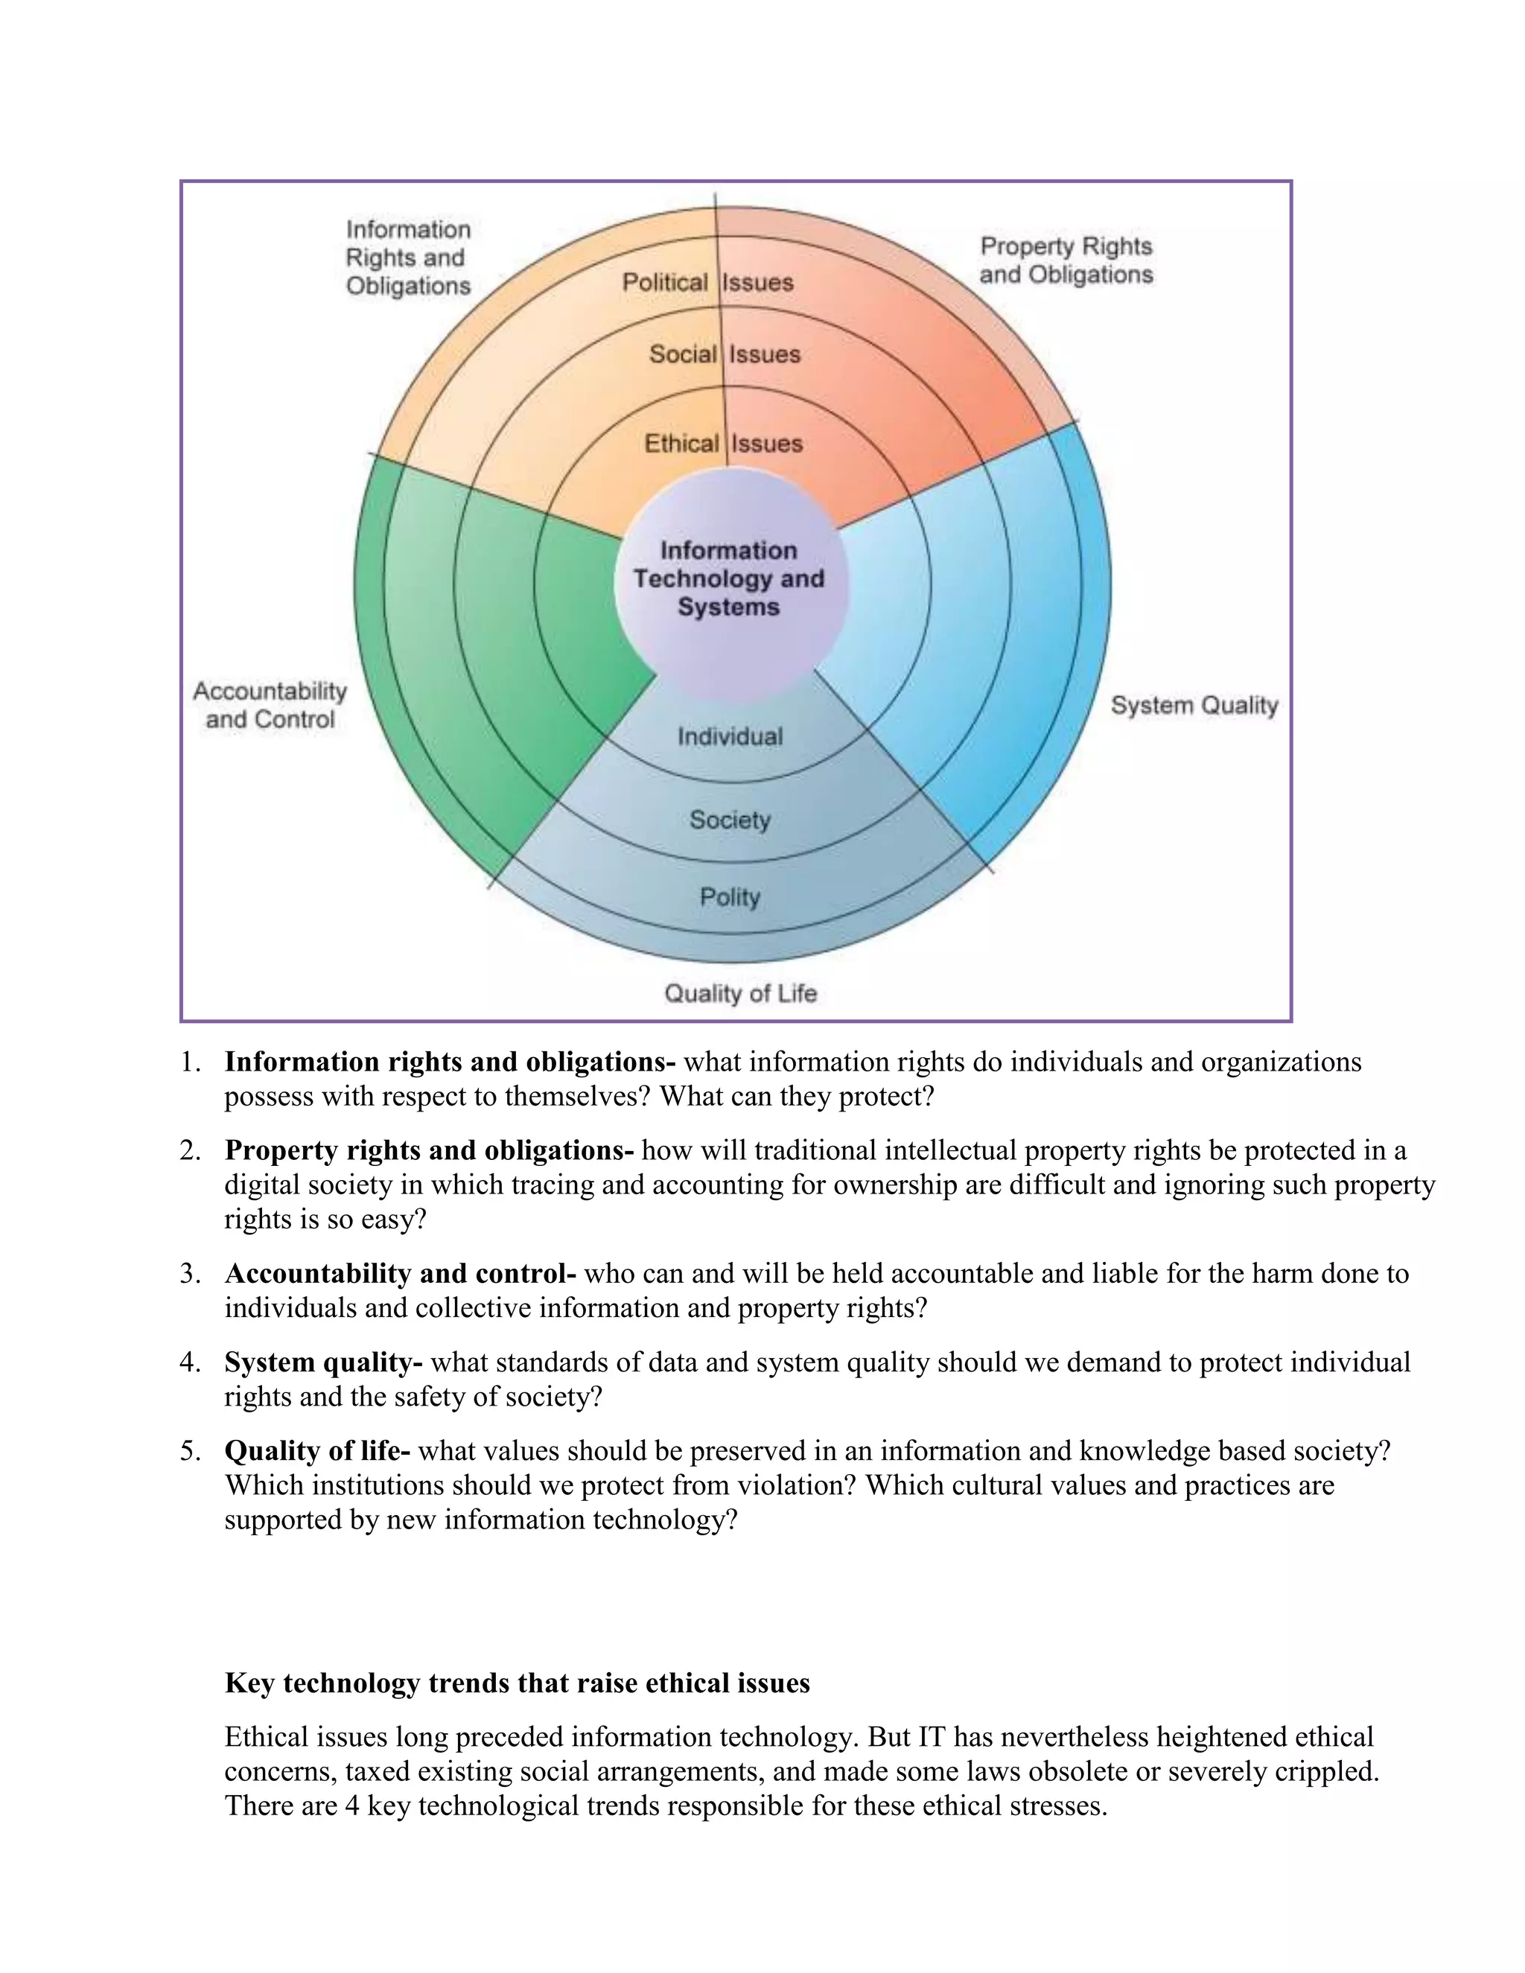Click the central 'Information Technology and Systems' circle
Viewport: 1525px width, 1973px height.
[729, 579]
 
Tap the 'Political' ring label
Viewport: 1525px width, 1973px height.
[664, 283]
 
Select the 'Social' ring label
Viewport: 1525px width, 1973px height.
[683, 354]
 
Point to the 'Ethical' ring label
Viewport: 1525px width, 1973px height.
[681, 444]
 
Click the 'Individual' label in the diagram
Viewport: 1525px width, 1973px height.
[730, 737]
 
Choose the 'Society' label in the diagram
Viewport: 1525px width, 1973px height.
[730, 820]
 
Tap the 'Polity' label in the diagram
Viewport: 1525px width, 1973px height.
[730, 897]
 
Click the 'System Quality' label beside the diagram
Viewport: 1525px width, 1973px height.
[1194, 706]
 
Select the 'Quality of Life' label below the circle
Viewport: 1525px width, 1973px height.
[741, 994]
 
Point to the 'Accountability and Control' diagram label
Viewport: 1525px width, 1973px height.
[270, 706]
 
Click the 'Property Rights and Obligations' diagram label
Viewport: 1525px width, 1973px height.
[1066, 260]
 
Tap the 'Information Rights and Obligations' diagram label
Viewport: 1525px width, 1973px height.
[408, 258]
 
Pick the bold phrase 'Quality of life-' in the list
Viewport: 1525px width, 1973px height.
[317, 1451]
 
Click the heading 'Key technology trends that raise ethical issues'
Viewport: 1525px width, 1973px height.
[517, 1683]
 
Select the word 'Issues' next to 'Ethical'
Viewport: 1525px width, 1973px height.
[767, 444]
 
